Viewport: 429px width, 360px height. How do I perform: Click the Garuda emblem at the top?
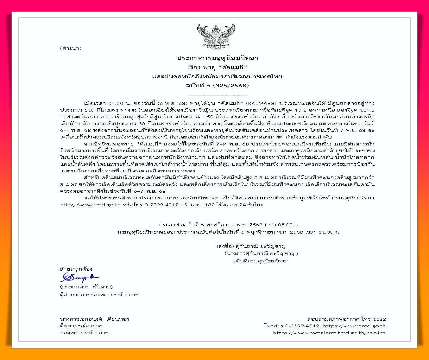pos(216,35)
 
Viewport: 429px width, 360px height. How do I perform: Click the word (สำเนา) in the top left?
pos(71,48)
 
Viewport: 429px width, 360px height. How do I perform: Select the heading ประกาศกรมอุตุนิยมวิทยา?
pos(217,58)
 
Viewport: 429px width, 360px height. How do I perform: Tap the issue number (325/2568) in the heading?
pos(231,85)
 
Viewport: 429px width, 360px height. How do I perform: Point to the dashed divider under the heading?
pos(217,95)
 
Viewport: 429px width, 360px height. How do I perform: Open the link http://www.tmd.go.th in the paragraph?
pos(90,205)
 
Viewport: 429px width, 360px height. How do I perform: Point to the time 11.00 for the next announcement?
pos(326,232)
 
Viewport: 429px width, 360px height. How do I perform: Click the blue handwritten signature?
pos(79,277)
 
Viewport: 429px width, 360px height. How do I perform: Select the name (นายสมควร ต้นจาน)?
pos(86,287)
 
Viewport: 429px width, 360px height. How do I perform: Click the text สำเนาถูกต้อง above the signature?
pos(76,269)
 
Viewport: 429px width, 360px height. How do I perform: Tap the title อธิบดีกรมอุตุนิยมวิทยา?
pos(261,261)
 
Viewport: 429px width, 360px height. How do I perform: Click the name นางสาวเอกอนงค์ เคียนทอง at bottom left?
pos(94,319)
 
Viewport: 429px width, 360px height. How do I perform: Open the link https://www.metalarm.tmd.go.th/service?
pos(329,333)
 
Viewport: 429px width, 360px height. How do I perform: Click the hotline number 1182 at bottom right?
pos(379,319)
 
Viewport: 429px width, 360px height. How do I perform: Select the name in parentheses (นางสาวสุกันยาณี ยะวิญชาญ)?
pos(261,254)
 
